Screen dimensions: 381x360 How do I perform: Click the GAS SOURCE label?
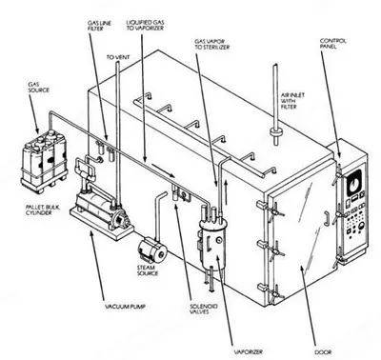[x=39, y=87]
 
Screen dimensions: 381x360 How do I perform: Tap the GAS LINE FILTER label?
[x=96, y=26]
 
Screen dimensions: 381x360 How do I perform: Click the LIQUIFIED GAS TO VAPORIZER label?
[x=145, y=26]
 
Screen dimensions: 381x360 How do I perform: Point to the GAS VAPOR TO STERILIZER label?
[x=212, y=44]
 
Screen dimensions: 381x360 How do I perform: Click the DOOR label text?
[x=323, y=351]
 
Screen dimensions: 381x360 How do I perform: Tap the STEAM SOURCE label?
[x=148, y=270]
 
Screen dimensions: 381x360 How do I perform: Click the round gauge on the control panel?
[x=354, y=182]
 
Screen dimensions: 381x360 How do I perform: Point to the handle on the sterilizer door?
[x=326, y=218]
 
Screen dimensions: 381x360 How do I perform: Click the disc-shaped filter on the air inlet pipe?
[x=275, y=132]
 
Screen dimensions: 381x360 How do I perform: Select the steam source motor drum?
[x=153, y=251]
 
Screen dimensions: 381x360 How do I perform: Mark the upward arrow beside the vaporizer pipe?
[x=226, y=193]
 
